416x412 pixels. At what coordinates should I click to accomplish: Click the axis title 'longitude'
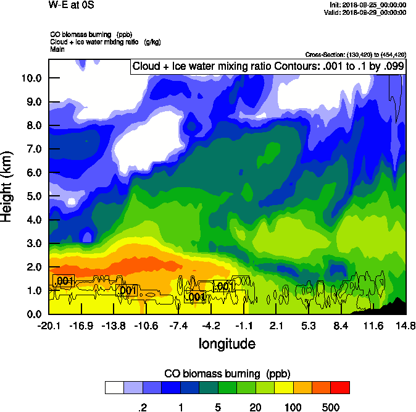tap(227, 343)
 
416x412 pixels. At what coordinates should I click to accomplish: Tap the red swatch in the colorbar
tap(340, 388)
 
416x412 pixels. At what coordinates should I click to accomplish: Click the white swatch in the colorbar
tap(114, 388)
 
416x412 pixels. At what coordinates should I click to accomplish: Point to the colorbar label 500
tap(331, 407)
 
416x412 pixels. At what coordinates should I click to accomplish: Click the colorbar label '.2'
tap(141, 407)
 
